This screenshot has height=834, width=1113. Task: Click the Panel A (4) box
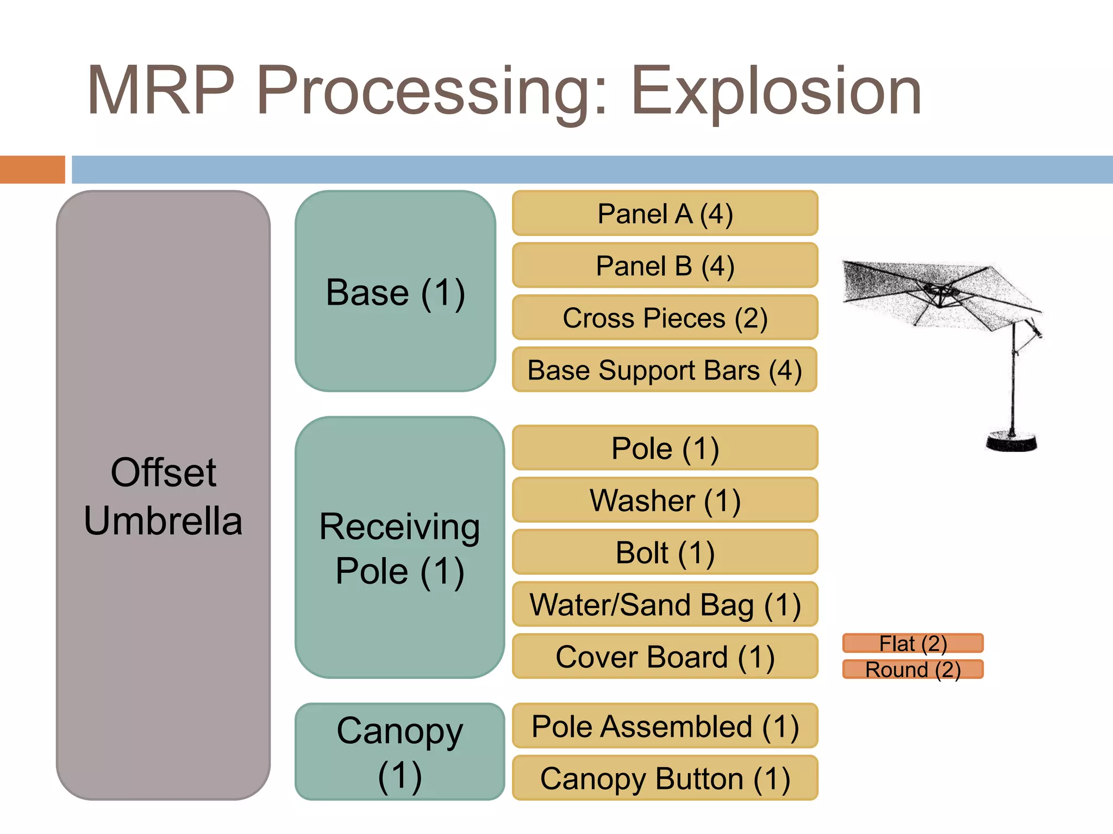665,213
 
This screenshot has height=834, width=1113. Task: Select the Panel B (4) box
665,266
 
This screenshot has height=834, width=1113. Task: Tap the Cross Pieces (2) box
665,318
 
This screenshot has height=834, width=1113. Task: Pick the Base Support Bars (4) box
665,370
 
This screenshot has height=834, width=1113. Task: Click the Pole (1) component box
665,448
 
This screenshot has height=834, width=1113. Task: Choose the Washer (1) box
665,500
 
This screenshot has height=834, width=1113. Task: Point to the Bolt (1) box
665,552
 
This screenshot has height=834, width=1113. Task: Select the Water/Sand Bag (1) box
665,604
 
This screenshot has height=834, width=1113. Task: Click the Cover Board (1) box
665,656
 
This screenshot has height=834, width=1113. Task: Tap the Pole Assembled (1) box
665,726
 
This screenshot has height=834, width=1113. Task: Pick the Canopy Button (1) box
665,778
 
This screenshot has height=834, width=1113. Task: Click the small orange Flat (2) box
913,643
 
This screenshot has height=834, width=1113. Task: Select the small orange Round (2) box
913,669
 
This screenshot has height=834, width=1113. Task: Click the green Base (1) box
395,292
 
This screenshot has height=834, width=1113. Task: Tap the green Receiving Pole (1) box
399,548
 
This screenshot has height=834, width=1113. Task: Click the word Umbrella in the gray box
163,521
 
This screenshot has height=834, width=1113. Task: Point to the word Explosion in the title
776,91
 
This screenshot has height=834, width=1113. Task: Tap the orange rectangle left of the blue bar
32,169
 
